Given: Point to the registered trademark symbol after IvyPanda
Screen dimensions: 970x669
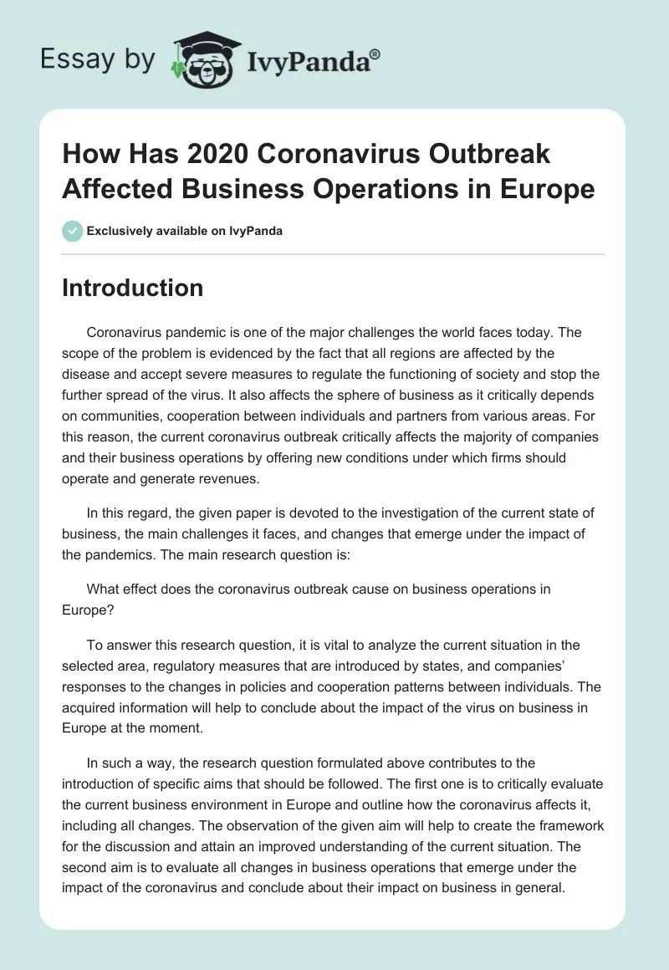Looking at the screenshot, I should (x=375, y=53).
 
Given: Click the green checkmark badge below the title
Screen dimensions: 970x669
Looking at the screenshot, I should (x=72, y=231).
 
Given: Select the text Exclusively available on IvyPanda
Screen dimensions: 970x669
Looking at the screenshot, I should (x=184, y=232).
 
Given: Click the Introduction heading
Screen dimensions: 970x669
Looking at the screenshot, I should (x=133, y=288).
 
